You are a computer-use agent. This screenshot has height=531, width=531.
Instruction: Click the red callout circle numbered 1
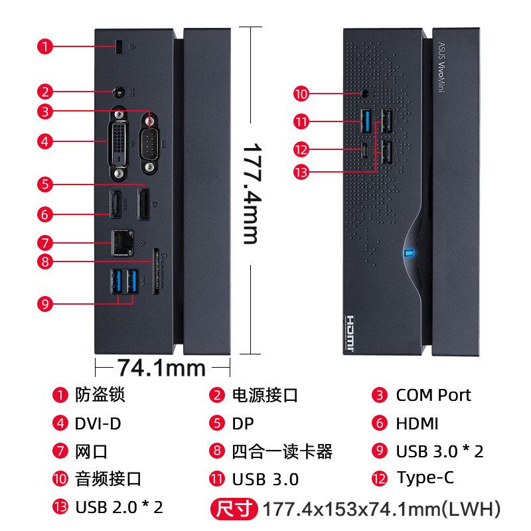pyautogui.click(x=45, y=46)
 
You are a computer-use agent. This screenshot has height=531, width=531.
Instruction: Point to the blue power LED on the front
pyautogui.click(x=409, y=252)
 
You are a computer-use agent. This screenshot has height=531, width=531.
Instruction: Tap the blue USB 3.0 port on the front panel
pyautogui.click(x=365, y=120)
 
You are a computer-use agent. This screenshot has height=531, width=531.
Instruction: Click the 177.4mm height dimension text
pyautogui.click(x=250, y=192)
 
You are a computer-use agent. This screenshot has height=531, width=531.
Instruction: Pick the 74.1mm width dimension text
pyautogui.click(x=161, y=366)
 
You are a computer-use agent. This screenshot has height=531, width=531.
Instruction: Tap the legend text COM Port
pyautogui.click(x=433, y=395)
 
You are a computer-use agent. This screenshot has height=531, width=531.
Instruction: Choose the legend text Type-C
pyautogui.click(x=425, y=478)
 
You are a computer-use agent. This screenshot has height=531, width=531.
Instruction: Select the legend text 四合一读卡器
pyautogui.click(x=282, y=451)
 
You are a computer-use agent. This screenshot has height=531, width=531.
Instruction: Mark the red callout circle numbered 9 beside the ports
pyautogui.click(x=45, y=303)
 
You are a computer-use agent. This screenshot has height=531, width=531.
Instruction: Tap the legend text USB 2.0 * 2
pyautogui.click(x=119, y=507)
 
